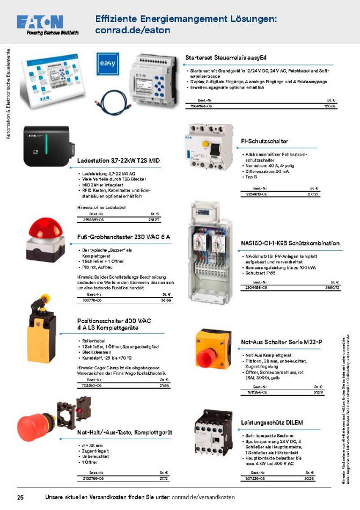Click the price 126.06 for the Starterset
pyautogui.click(x=329, y=106)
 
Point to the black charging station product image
pyautogui.click(x=48, y=147)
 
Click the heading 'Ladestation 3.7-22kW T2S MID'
pyautogui.click(x=118, y=161)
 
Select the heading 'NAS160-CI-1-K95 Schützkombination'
pyautogui.click(x=290, y=244)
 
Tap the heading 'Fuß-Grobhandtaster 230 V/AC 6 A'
pyautogui.click(x=123, y=237)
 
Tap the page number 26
pyautogui.click(x=20, y=496)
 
